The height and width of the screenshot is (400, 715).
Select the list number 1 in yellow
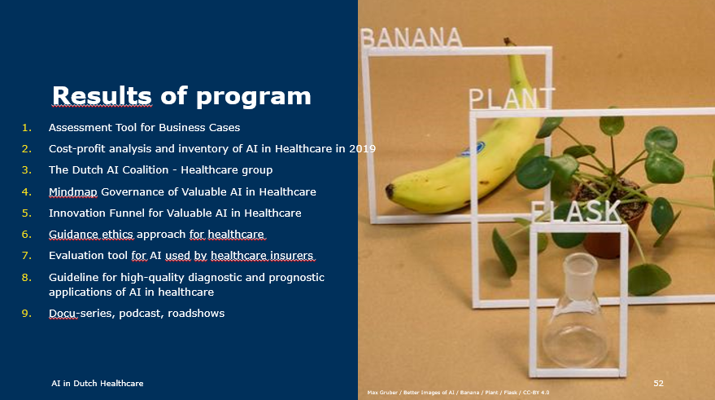pos(26,128)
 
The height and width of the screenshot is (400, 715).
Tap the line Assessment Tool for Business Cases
pos(144,128)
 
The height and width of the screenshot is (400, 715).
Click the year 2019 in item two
pos(363,149)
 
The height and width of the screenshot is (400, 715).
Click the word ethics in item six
pos(118,235)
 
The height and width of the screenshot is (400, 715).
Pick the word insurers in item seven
pos(291,256)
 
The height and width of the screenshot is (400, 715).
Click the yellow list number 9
pos(26,314)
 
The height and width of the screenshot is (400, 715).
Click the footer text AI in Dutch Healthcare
pos(97,382)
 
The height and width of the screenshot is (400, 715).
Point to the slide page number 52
pos(659,382)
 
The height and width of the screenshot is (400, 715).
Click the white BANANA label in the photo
pos(411,37)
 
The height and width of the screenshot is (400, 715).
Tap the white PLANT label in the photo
pos(511,98)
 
